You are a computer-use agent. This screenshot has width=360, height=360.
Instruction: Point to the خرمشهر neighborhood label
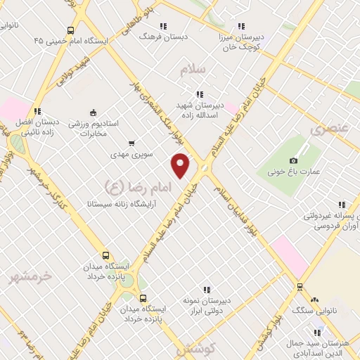coord(31,276)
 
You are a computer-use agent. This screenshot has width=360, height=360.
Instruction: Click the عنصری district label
coord(329,129)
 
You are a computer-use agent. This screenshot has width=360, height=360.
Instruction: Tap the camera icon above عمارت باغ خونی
coord(292,161)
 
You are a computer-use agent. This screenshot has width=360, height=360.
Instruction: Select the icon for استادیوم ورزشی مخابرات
coord(93,112)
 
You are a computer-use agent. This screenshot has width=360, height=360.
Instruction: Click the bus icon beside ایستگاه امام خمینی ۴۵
coord(70,30)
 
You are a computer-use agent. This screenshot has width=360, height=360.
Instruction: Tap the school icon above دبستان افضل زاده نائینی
coord(37,110)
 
